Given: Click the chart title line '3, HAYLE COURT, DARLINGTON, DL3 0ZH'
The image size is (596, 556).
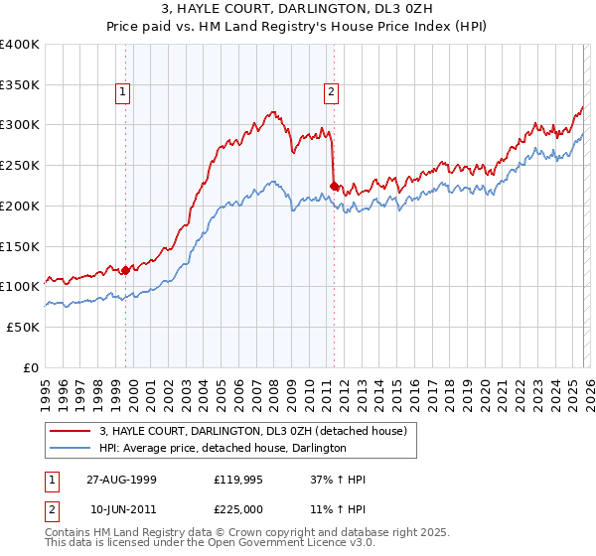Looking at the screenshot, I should [x=297, y=9].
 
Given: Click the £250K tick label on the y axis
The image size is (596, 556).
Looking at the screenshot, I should [x=20, y=166].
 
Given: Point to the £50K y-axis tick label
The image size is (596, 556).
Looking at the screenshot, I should [x=23, y=327].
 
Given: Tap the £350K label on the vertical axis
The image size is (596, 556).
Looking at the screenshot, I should [x=20, y=85].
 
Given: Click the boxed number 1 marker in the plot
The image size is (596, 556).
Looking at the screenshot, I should [x=123, y=93].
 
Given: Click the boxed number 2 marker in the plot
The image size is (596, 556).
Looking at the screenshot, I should [x=330, y=93].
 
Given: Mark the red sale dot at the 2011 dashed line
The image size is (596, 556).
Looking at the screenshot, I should [x=334, y=184].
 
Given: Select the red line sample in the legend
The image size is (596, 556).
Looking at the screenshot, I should [x=71, y=432].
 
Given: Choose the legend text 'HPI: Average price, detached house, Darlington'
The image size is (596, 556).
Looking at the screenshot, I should [x=222, y=449].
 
